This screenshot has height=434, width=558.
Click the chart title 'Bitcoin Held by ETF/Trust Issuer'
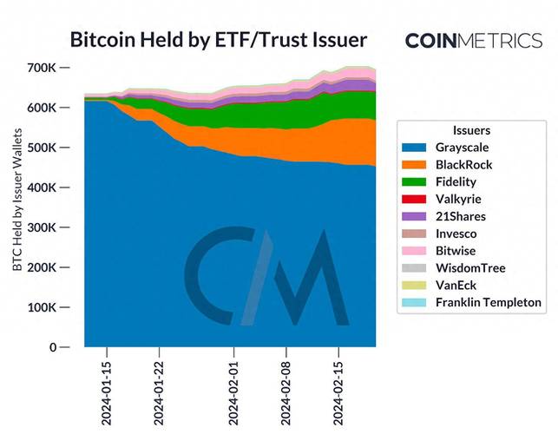point(218,40)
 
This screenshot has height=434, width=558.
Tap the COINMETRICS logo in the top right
point(473,40)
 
